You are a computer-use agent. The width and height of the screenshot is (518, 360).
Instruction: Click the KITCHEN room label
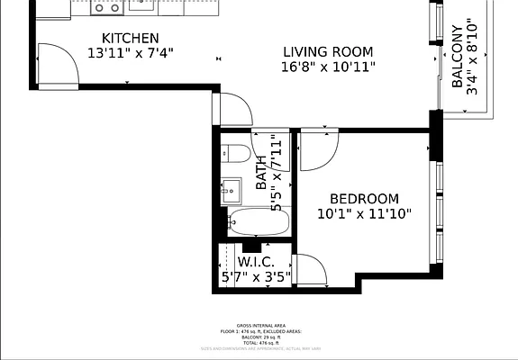pyautogui.click(x=131, y=38)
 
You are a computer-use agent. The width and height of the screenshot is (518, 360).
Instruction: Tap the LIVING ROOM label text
pyautogui.click(x=328, y=52)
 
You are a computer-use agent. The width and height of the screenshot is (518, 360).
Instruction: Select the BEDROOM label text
pyautogui.click(x=364, y=199)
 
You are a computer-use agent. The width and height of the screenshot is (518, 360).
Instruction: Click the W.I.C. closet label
pyautogui.click(x=256, y=262)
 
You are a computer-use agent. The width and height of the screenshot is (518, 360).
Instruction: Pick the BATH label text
pyautogui.click(x=261, y=171)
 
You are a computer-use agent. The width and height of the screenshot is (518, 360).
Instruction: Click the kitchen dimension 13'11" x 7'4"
pyautogui.click(x=131, y=53)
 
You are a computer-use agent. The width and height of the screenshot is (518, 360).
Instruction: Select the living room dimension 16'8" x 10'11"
pyautogui.click(x=328, y=67)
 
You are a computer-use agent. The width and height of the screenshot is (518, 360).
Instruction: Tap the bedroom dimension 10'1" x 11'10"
pyautogui.click(x=364, y=214)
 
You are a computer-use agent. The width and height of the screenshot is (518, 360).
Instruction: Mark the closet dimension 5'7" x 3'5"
pyautogui.click(x=256, y=277)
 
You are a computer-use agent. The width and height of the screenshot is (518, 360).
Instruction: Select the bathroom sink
pyautogui.click(x=230, y=189)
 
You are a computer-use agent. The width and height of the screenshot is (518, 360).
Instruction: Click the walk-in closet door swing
pyautogui.click(x=309, y=270)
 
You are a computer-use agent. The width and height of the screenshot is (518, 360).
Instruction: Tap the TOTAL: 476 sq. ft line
pyautogui.click(x=261, y=342)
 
